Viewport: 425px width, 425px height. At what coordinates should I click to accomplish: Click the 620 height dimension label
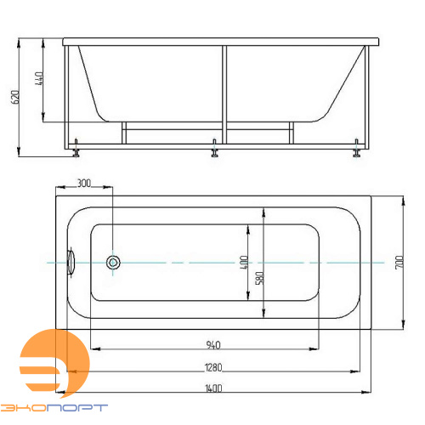16,97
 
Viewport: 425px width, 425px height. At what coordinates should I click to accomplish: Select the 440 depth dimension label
39,78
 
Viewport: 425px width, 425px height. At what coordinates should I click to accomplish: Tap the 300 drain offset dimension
84,184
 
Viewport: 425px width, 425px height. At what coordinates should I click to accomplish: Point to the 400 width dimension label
244,262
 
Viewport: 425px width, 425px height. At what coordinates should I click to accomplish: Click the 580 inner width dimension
260,278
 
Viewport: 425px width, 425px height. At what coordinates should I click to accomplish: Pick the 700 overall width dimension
399,263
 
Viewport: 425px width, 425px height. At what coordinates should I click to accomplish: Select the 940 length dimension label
213,345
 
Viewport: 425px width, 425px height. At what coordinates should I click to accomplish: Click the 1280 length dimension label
213,367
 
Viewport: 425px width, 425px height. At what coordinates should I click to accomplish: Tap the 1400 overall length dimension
213,388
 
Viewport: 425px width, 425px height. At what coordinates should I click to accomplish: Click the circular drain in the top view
113,263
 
